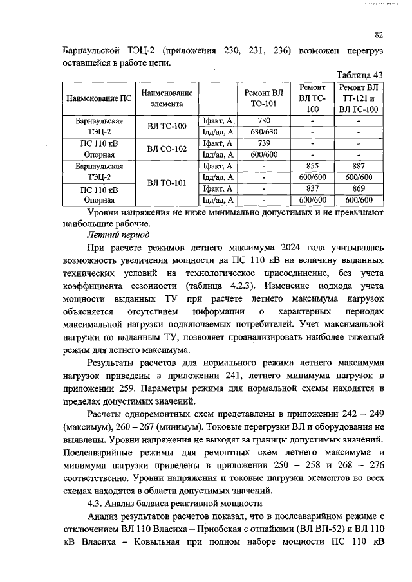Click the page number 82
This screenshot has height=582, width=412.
click(x=379, y=35)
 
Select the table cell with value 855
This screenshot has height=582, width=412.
click(x=312, y=165)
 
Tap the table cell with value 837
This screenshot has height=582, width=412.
click(x=312, y=188)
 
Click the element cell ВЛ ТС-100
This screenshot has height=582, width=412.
click(x=166, y=126)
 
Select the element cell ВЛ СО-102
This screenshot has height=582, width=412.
click(x=166, y=149)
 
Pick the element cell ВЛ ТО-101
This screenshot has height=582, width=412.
click(x=166, y=183)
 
